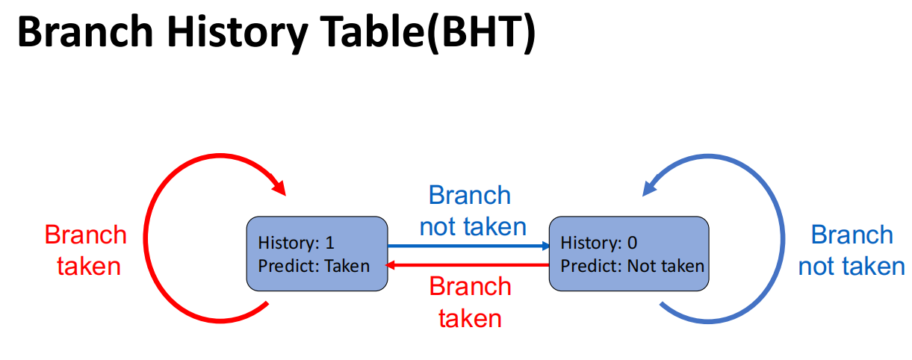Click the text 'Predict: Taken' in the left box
click(314, 265)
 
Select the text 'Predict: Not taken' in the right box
click(632, 265)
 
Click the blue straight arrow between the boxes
click(467, 245)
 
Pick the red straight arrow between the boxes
click(467, 264)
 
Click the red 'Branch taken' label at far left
click(86, 250)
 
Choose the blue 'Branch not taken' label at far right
click(851, 250)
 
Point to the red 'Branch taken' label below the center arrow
click(471, 302)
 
